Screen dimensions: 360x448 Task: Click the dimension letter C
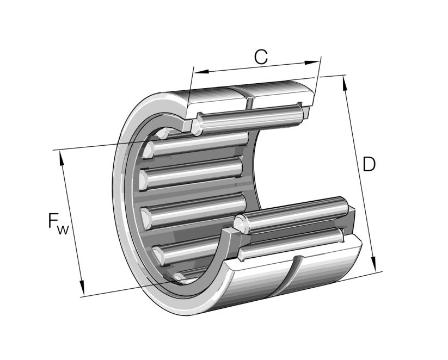click(x=261, y=57)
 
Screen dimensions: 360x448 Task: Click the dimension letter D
click(x=369, y=164)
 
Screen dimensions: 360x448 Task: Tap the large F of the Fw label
click(x=53, y=221)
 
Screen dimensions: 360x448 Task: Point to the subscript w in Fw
click(x=64, y=230)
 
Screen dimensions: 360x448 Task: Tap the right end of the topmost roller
click(x=300, y=112)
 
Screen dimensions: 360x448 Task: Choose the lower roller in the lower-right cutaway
click(x=291, y=244)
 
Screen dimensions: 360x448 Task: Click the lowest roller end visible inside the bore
click(x=178, y=278)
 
